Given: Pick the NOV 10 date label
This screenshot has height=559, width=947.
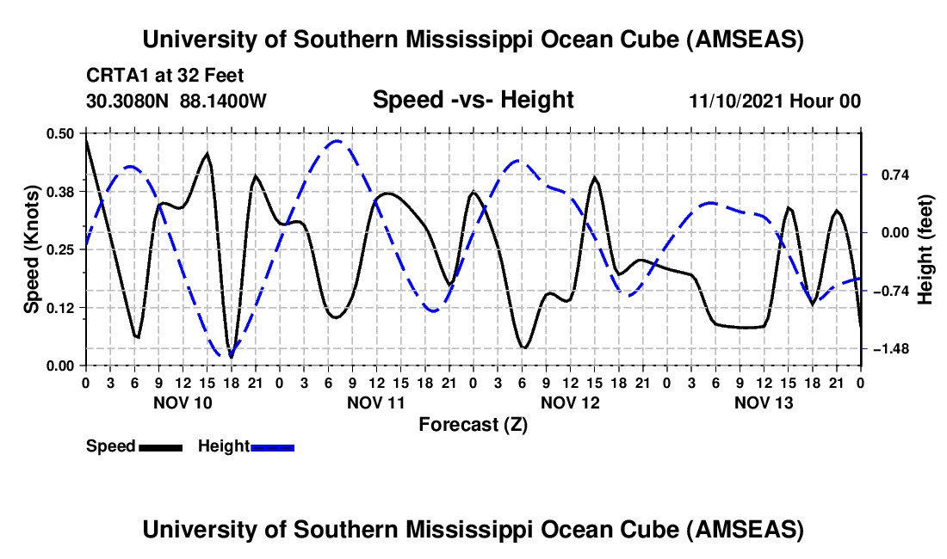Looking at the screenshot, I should [x=183, y=402].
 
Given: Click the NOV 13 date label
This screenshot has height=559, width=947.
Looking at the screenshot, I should [x=764, y=402].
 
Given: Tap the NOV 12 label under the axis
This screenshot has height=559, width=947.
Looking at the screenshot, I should [x=570, y=402].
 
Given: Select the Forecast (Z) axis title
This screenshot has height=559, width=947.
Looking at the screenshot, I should [x=473, y=424].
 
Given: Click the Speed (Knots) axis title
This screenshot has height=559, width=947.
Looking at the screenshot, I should [x=31, y=249].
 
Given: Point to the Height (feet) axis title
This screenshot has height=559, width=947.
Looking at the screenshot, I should [x=925, y=249].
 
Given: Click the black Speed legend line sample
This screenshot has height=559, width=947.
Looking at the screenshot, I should [x=160, y=446].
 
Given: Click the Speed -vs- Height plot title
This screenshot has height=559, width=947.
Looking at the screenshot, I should [x=473, y=100].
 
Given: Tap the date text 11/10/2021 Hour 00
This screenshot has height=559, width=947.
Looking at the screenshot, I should [x=775, y=101].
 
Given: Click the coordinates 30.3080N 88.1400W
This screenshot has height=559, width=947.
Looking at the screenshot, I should [x=176, y=101].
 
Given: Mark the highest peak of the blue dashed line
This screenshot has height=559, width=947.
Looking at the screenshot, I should [x=337, y=141].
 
